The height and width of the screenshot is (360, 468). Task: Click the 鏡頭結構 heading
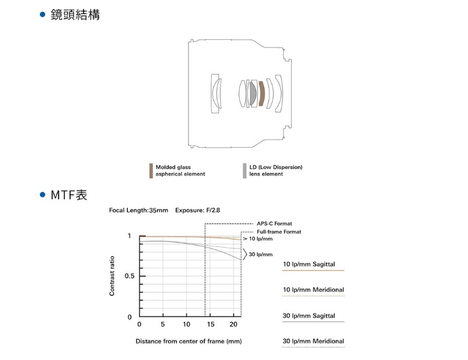75,15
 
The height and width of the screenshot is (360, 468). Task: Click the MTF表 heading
69,195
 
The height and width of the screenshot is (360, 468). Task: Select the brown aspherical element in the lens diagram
262,93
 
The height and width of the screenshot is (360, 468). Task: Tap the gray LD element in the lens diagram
253,93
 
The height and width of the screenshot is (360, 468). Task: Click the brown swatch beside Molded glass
150,170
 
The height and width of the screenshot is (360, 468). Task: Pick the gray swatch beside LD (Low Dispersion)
244,170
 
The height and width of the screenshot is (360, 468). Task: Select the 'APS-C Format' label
274,223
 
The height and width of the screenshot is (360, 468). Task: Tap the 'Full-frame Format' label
279,232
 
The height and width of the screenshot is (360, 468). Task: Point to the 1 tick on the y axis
129,236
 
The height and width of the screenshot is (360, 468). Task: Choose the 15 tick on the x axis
211,324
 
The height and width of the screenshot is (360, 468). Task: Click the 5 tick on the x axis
163,324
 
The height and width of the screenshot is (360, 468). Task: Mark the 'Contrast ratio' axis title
112,276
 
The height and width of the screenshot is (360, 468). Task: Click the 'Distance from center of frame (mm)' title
189,341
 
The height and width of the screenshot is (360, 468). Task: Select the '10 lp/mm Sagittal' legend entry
309,264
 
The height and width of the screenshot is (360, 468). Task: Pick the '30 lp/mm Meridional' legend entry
313,341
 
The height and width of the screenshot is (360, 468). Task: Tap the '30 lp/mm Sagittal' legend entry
309,316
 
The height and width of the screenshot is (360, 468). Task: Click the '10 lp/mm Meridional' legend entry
313,290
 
